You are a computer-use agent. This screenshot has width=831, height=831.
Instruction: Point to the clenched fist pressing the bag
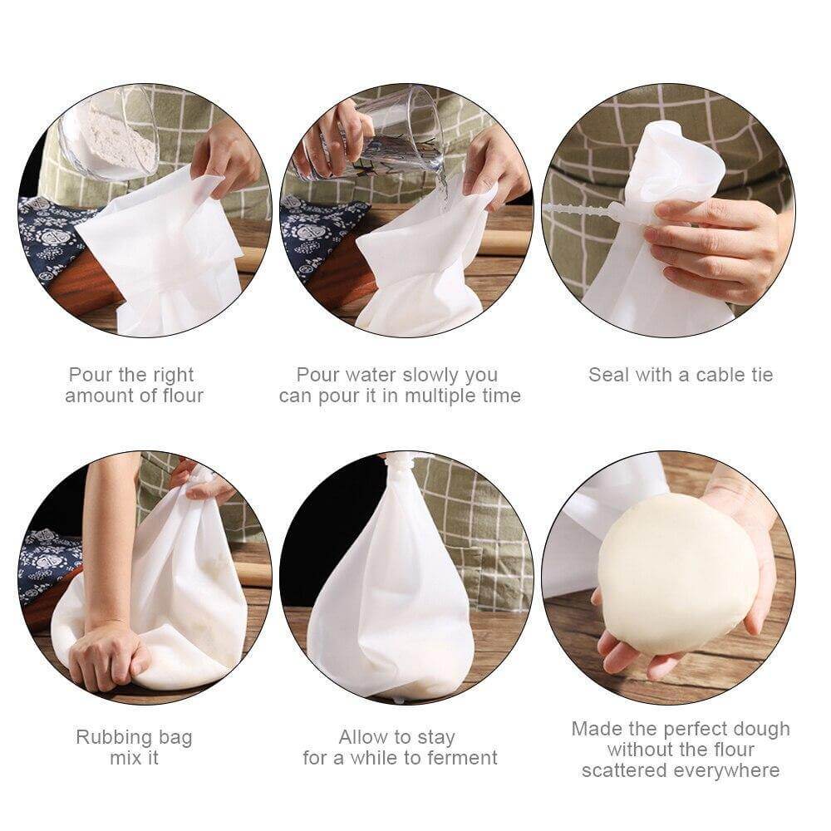point(108,656)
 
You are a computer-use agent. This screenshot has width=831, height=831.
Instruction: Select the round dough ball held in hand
point(677,573)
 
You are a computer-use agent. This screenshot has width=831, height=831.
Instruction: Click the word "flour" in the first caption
point(178,396)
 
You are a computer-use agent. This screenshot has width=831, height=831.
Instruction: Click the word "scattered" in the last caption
point(627,770)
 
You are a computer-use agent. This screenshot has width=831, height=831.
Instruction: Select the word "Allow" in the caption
point(364,737)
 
